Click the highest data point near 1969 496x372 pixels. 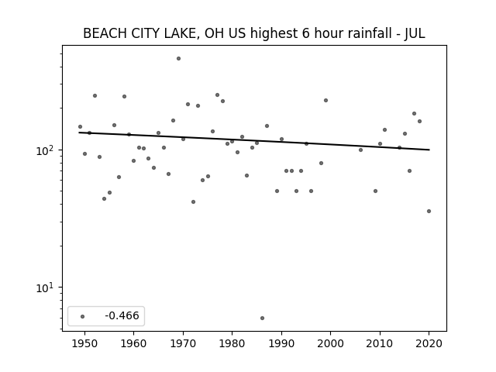tap(178, 59)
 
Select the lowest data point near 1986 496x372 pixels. tap(262, 318)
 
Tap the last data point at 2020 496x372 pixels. tap(429, 211)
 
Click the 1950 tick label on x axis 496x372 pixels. tap(84, 343)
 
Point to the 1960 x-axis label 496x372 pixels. tap(133, 343)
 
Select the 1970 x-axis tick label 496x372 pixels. tap(183, 343)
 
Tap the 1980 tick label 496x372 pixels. tap(232, 343)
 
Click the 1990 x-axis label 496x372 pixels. tap(281, 343)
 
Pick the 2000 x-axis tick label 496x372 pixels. tap(331, 343)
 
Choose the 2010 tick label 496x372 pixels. tap(380, 343)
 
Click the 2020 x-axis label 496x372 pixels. tap(429, 343)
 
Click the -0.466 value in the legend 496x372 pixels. tap(122, 315)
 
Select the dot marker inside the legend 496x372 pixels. tap(83, 316)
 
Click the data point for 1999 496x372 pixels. tap(325, 100)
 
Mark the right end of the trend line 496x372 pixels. tap(429, 150)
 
